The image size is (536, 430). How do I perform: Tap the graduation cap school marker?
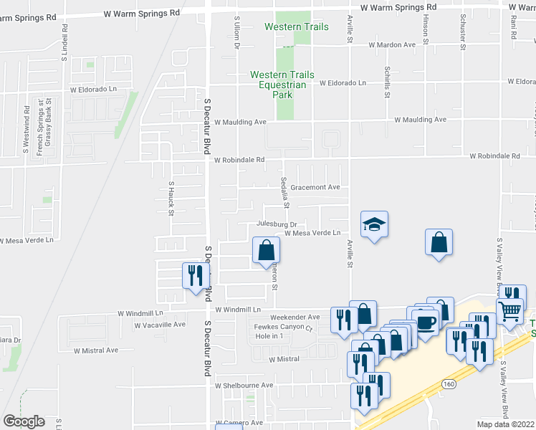tap(373, 225)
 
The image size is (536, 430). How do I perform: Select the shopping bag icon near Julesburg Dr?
tap(266, 250)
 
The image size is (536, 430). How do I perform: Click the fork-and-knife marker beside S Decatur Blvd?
tap(193, 276)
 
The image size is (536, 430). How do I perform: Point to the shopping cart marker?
tap(510, 310)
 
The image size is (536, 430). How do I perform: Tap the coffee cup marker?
tap(426, 322)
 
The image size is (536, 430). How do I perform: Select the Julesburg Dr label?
tap(277, 224)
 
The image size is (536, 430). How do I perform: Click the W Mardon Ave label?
tap(392, 44)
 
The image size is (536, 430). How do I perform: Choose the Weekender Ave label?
tap(295, 317)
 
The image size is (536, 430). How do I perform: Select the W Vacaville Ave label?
tap(160, 325)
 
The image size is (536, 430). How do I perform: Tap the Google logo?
tap(24, 421)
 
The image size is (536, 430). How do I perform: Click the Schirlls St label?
tap(387, 82)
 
